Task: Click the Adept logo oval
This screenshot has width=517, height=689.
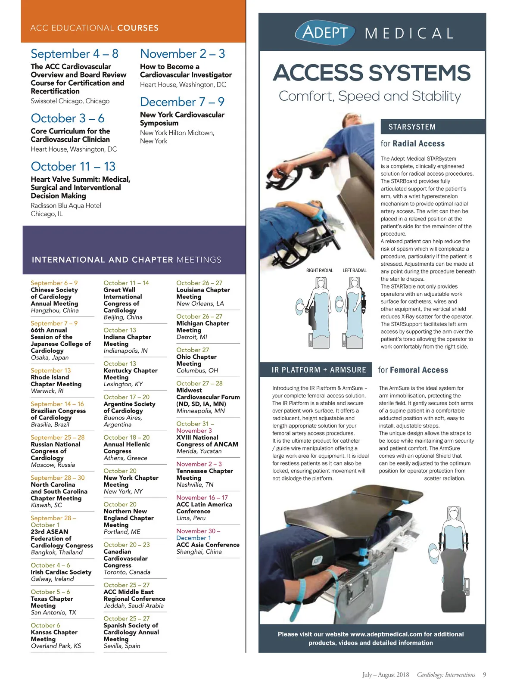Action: coord(325,32)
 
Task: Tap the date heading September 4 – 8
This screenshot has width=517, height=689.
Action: coord(75,54)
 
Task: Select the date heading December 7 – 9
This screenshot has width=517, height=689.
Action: coord(182,102)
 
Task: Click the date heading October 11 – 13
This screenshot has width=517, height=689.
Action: coord(73,167)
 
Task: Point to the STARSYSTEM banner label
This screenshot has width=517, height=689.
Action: coord(412,127)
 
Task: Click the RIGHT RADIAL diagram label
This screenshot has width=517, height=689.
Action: coord(320,270)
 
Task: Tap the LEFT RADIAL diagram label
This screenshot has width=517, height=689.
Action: coord(355,270)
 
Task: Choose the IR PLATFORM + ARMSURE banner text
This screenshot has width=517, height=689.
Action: coord(319,370)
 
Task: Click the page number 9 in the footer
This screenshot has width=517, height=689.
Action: coord(484,675)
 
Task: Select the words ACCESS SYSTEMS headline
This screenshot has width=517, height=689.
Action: coord(372,73)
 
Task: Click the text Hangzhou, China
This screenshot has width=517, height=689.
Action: coord(55,310)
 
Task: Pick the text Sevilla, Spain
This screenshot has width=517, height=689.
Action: coord(122,646)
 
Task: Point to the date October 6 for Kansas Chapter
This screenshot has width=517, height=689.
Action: coord(45,625)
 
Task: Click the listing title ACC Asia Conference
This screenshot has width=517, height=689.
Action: coord(208,545)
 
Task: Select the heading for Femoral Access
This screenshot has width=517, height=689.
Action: coord(413,370)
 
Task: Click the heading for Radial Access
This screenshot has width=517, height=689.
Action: coord(412,144)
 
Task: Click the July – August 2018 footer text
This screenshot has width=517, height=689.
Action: coord(386,675)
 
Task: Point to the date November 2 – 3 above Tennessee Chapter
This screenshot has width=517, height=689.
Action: coord(199,464)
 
